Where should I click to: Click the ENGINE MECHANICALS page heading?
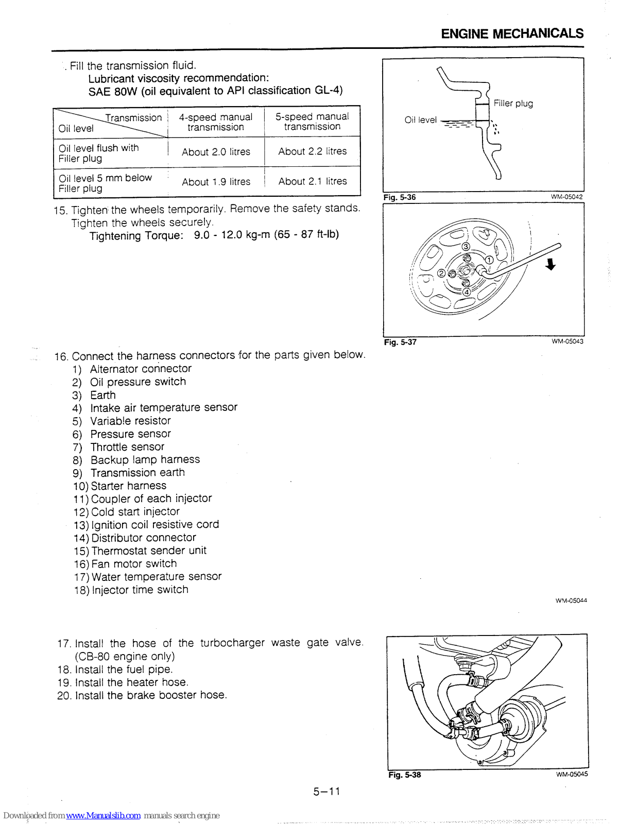pos(512,34)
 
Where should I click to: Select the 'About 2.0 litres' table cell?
pos(216,152)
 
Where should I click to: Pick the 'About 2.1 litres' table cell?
pos(313,181)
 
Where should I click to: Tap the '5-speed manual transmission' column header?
pos(312,122)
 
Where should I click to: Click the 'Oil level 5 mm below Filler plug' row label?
pos(105,183)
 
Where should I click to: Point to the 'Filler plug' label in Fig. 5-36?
pos(513,104)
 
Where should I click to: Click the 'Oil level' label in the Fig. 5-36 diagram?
pos(420,120)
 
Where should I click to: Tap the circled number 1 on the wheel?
pos(489,260)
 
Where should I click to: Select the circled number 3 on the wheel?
pos(466,247)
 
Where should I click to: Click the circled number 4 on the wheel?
pos(467,292)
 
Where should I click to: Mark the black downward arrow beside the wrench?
pos(551,264)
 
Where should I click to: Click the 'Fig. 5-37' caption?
pos(400,342)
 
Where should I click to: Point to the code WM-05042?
pos(566,197)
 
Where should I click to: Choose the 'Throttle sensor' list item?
pos(127,447)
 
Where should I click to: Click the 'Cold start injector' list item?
pos(135,512)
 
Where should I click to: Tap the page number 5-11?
pos(326,792)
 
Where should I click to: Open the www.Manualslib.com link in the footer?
pos(103,816)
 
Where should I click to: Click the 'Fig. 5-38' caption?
pos(404,775)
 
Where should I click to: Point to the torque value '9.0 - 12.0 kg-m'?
pos(232,235)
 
